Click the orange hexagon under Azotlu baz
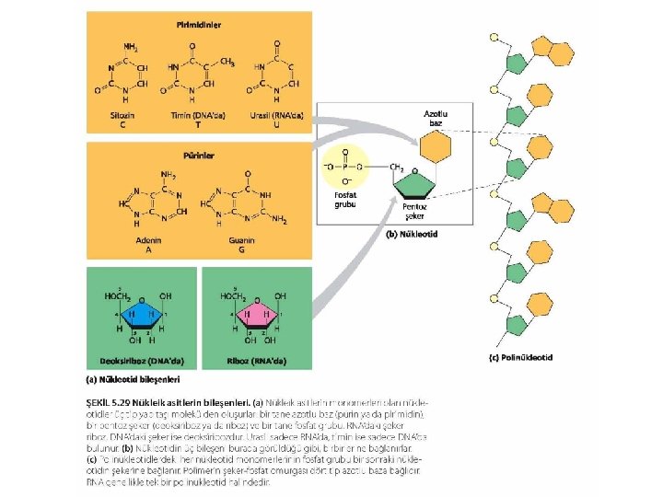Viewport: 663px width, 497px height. coord(435,145)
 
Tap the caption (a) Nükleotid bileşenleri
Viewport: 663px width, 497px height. coord(133,378)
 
